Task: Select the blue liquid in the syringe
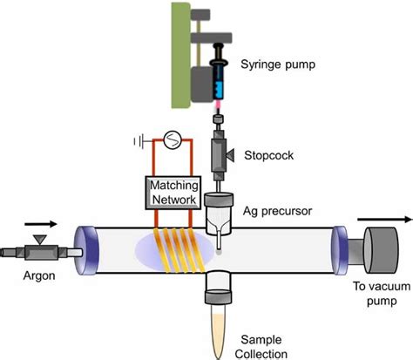point(220,88)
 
